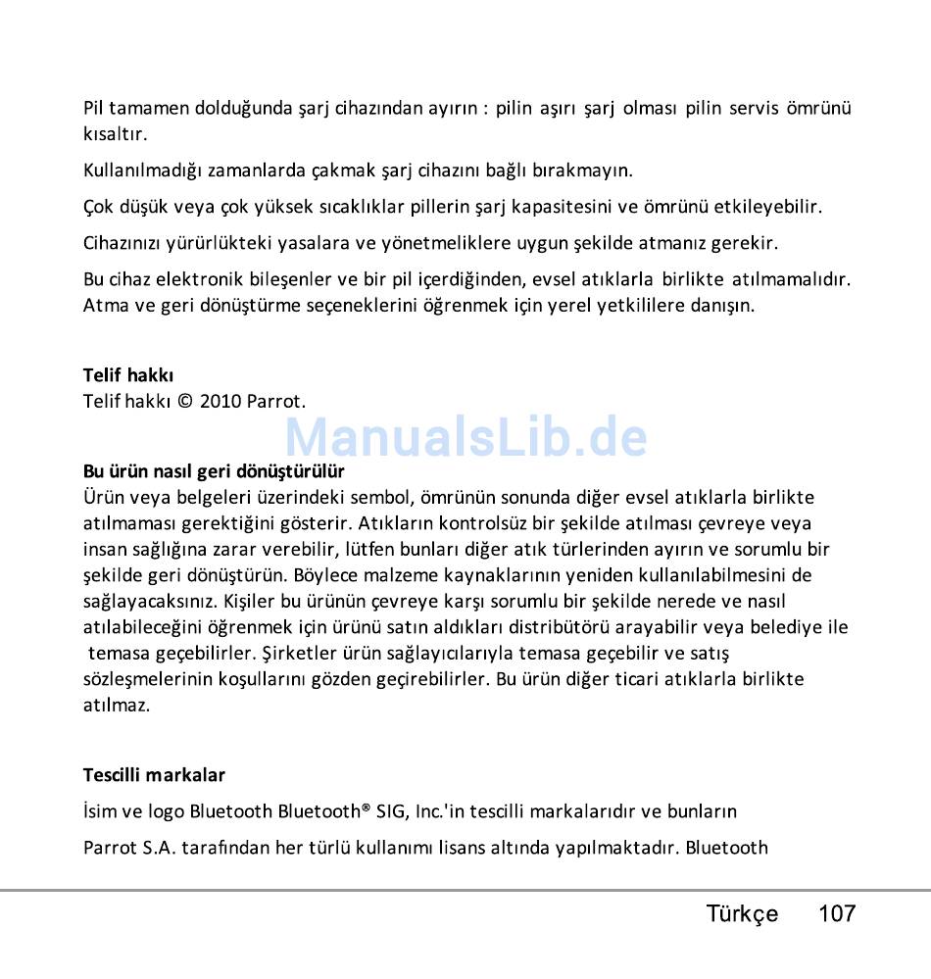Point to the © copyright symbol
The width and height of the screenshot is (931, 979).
tap(184, 401)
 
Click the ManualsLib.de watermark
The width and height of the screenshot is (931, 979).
tap(465, 437)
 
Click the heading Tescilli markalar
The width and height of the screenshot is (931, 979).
tap(154, 775)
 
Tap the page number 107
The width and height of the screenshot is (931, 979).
tap(837, 914)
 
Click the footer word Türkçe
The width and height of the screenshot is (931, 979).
tap(742, 914)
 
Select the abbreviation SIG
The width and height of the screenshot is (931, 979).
tap(390, 811)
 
